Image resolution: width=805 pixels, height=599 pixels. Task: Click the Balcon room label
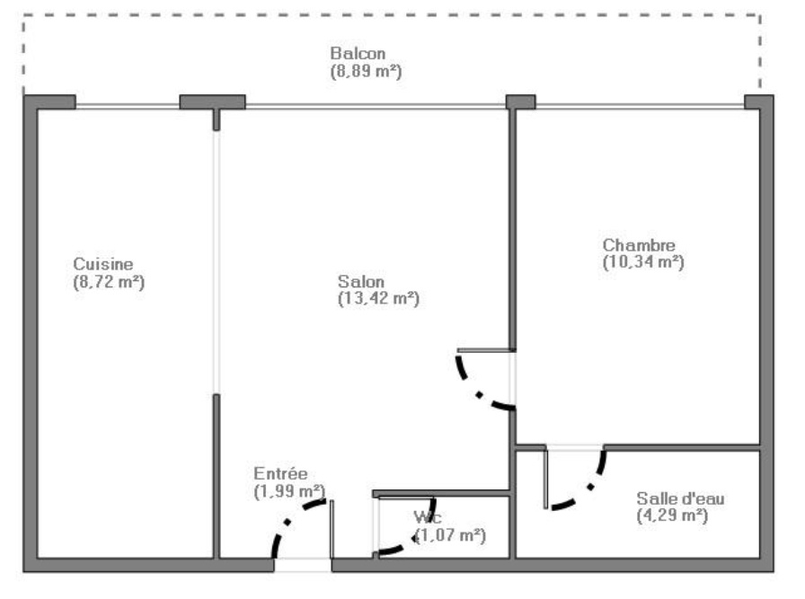[358, 53]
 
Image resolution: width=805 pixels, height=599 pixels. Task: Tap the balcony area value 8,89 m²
[366, 71]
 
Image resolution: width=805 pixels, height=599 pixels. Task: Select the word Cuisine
[103, 264]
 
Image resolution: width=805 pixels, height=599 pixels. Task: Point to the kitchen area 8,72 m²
[109, 282]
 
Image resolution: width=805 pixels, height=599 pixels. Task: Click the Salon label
[361, 281]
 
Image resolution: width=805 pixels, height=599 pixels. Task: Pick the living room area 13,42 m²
[379, 298]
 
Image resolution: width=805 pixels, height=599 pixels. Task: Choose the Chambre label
[639, 245]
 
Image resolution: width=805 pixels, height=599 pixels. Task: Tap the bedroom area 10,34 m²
[643, 261]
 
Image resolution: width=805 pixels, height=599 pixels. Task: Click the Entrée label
[280, 473]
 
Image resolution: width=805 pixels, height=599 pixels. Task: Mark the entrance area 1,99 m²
[289, 491]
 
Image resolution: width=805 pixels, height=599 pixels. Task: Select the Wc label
[428, 517]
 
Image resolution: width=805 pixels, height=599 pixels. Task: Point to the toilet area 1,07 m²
[450, 535]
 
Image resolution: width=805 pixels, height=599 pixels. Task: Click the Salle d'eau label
[680, 498]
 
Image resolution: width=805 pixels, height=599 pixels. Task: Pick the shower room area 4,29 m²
[672, 515]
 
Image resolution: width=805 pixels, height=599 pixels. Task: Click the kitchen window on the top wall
[128, 106]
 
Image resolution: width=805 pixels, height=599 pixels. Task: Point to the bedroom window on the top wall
[640, 106]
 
